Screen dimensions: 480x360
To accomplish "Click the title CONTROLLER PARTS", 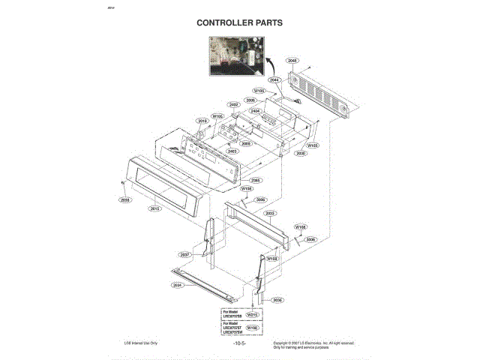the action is coord(239,22).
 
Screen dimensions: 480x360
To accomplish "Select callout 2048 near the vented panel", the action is coord(292,60).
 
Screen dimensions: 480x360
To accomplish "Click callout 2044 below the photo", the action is coord(274,79).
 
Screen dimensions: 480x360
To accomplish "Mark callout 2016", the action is coord(202,121).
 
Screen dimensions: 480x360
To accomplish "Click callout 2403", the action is coord(232,151).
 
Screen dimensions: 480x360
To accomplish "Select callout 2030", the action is coord(301,153).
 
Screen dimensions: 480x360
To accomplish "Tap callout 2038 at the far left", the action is coord(124,200).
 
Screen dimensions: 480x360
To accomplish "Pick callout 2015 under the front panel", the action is coord(155,208).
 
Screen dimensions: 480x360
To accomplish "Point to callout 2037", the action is coord(184,254).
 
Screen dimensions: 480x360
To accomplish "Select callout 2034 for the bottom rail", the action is coord(178,285).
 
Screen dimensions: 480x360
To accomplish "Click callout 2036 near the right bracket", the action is coord(277,300).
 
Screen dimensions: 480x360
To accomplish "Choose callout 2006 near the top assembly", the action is coord(250,100).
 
